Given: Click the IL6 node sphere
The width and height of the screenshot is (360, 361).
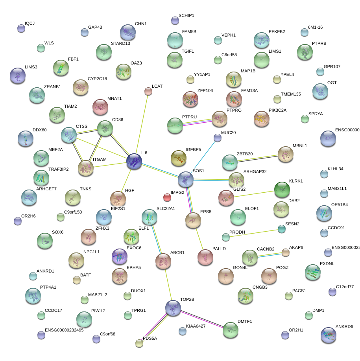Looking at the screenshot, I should point(134,162).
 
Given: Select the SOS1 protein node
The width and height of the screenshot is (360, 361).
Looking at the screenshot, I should point(185,179).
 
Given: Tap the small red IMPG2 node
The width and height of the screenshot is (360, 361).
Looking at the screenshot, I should point(167,197).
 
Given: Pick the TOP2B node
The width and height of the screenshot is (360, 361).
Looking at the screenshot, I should point(173,308).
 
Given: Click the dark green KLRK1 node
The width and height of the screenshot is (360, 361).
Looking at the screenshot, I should point(282,190).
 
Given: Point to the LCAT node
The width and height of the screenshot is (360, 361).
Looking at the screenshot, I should point(148,91).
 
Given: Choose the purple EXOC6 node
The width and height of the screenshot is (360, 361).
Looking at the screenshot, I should point(120,256).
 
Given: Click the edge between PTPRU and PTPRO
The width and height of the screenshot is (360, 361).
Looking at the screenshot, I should point(197,122).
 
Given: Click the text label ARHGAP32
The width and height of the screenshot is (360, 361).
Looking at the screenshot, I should point(255,171).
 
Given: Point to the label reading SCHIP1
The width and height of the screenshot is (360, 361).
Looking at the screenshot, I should point(186,16).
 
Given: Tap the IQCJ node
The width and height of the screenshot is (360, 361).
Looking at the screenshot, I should point(21,28).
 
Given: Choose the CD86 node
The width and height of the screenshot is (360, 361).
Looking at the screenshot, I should point(105,128).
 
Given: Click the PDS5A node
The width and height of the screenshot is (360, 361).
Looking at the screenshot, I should point(139,343).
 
